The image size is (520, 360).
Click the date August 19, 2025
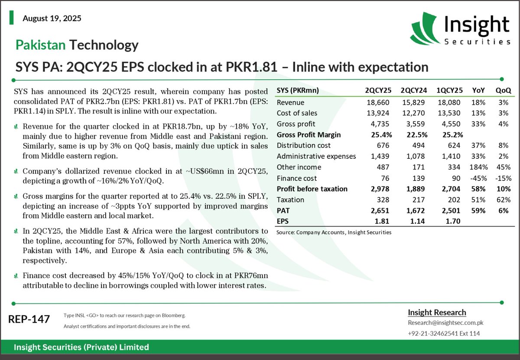52,19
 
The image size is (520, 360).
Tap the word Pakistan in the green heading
40,45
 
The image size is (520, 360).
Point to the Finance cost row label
297,178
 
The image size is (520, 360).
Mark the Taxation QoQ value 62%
505,200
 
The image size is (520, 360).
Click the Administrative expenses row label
316,157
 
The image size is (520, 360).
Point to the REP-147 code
29,320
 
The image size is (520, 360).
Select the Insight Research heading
437,313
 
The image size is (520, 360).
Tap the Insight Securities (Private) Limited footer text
81,347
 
